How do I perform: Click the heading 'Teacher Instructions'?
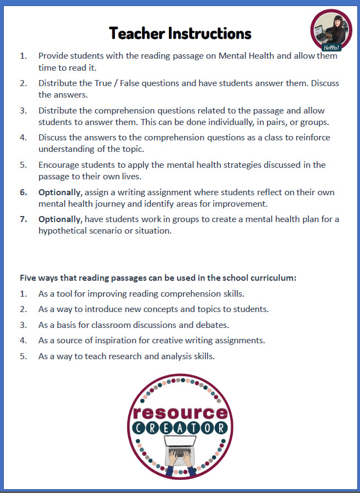coord(180,33)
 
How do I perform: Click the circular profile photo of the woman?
coord(330,29)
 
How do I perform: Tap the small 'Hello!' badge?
coord(332,47)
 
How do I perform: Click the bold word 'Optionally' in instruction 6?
coord(60,192)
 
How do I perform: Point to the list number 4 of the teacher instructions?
coord(24,138)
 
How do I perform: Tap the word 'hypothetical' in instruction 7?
coord(62,230)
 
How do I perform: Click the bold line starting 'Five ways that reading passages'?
coord(158,277)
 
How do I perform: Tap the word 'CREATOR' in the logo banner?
coord(179,428)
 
